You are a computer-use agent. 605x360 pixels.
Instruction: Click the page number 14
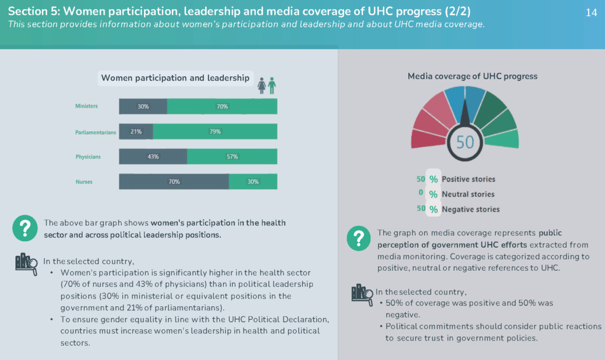tap(591, 13)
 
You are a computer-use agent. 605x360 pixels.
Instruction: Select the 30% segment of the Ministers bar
tap(143, 106)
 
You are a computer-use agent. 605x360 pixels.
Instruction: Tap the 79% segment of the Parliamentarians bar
tap(215, 131)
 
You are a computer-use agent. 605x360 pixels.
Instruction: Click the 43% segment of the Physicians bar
tap(153, 157)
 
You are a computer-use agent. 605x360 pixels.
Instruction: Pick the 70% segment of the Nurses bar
tap(174, 181)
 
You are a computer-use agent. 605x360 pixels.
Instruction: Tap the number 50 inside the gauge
tap(465, 142)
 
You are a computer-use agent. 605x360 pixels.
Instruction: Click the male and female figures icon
tap(266, 85)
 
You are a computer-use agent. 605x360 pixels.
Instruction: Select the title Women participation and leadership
tap(175, 78)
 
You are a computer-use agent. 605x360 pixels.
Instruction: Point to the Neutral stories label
tap(468, 194)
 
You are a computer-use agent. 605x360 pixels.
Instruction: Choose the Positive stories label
tap(469, 179)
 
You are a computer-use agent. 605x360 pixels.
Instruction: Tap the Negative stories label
tap(470, 209)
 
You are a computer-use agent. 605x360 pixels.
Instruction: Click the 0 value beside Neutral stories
tap(421, 194)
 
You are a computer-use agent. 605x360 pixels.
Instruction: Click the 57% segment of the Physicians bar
tap(232, 157)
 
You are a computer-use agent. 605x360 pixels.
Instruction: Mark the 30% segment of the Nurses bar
tap(253, 181)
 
